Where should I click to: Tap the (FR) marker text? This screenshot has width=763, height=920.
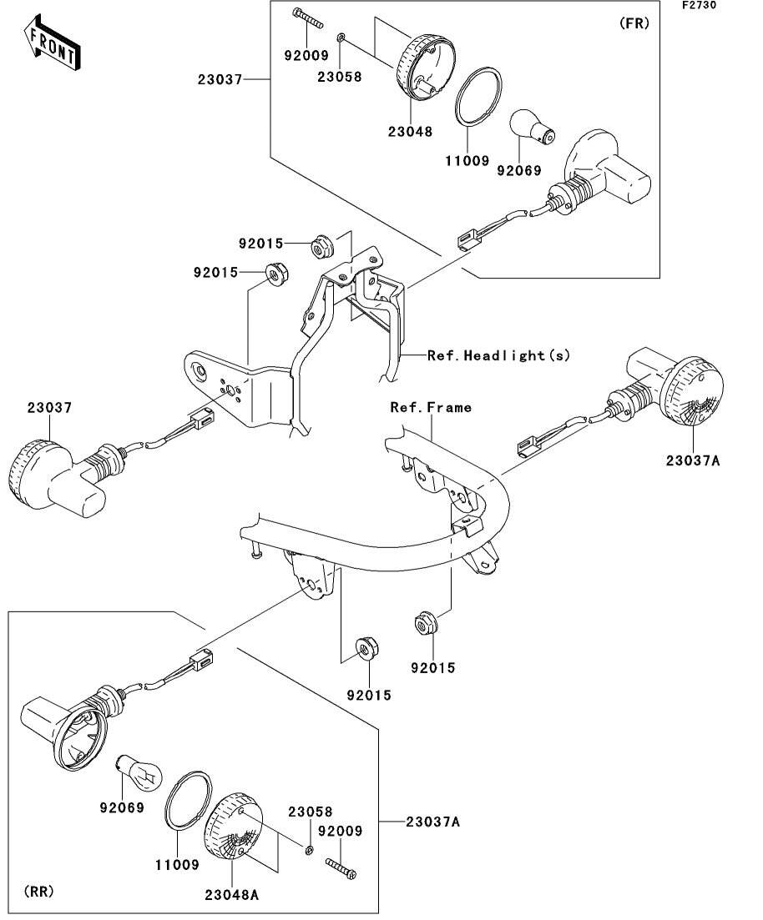click(x=634, y=23)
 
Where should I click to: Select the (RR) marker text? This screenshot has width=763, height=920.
click(x=38, y=892)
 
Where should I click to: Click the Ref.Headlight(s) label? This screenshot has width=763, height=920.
click(x=498, y=355)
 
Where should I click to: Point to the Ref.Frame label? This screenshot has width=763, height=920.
click(x=431, y=407)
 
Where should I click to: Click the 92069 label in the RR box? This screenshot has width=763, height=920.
click(x=122, y=807)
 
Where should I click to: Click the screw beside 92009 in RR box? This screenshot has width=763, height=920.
click(x=341, y=868)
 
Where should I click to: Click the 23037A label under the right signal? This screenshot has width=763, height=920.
click(x=692, y=460)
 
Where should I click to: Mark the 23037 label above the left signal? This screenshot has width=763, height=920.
click(x=49, y=408)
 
